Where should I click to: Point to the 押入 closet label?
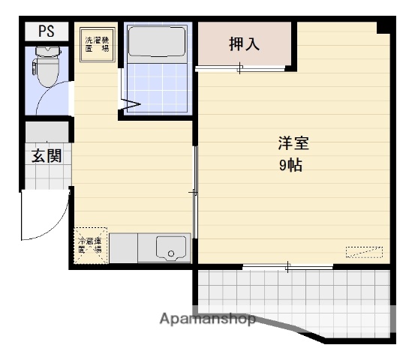tap(245, 44)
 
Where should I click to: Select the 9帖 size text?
tap(290, 166)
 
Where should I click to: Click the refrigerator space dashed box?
tap(91, 245)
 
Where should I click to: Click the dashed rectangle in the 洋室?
tap(364, 252)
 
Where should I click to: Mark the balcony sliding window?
tap(288, 266)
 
